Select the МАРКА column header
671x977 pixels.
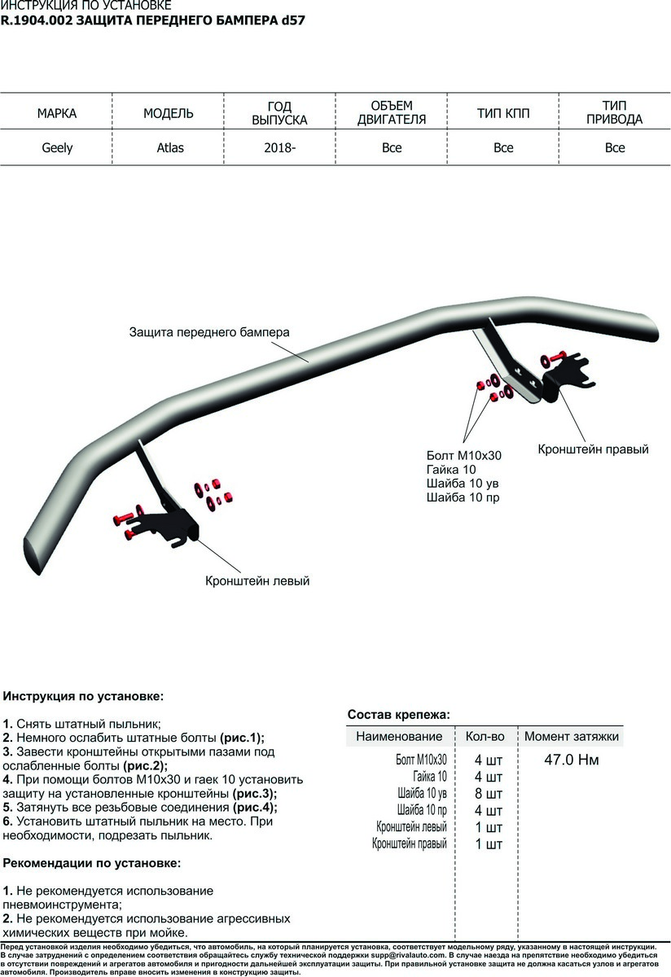(57, 114)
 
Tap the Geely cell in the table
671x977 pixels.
(57, 148)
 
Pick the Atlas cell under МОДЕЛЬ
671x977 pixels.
(170, 148)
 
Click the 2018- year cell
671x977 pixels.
(279, 148)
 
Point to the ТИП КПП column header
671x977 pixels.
(503, 114)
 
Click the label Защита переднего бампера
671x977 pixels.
(209, 333)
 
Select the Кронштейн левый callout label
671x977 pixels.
(257, 581)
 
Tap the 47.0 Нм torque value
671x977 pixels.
(571, 760)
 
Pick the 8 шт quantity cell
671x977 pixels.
(489, 794)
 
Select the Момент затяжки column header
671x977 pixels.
(572, 737)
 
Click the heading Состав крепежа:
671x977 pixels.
(398, 715)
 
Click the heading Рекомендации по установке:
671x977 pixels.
(92, 862)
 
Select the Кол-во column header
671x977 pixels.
(485, 737)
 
